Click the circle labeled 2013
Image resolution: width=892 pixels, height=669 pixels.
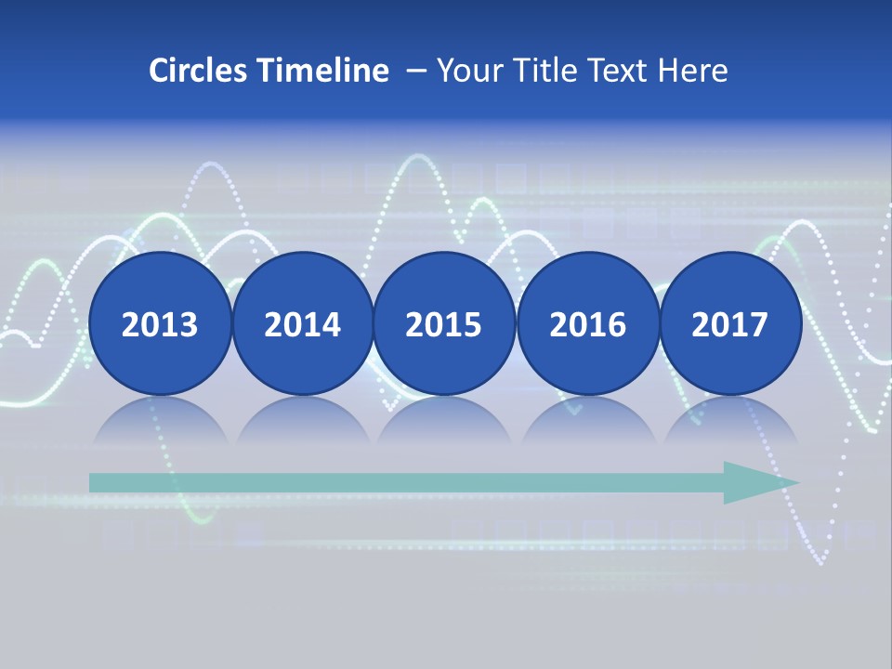click(x=160, y=323)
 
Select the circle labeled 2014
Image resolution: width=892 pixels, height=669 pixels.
click(x=302, y=323)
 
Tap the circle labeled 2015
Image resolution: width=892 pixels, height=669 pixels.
click(x=444, y=323)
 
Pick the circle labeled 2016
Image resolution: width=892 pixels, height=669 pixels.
click(x=587, y=323)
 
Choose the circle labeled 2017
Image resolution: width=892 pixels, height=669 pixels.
click(x=729, y=323)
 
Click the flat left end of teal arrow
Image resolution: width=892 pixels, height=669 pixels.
click(x=93, y=482)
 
